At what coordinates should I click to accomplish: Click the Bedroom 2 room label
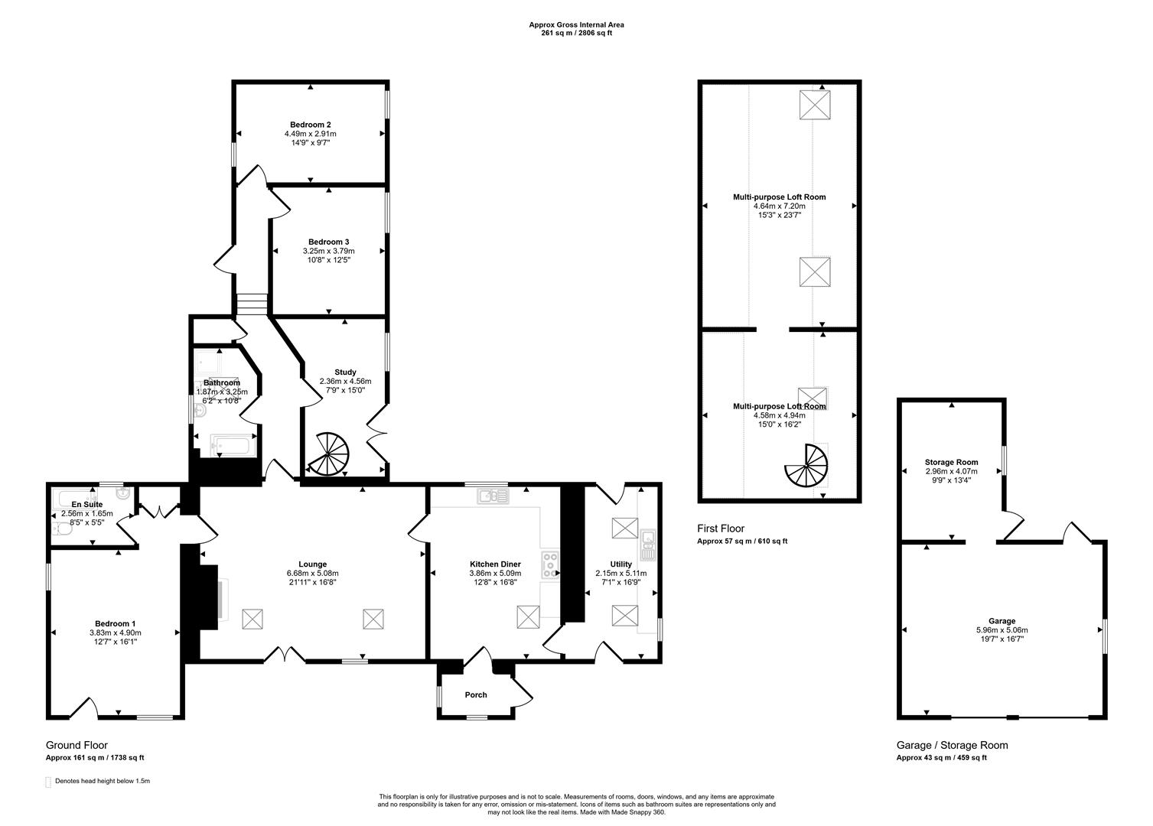pos(310,124)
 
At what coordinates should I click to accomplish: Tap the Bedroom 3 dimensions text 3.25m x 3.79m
pos(328,251)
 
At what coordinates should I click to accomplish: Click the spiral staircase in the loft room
pos(806,466)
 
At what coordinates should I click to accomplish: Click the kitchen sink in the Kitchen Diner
pos(493,497)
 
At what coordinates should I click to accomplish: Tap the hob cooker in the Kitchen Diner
pos(550,564)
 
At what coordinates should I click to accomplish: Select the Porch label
pos(476,695)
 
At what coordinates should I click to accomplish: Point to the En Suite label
pos(86,505)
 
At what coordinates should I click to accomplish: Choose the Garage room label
pos(1002,621)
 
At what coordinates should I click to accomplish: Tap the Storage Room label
pos(951,463)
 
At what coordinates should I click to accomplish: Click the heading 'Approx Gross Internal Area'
pos(576,24)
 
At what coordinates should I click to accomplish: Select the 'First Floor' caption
pos(720,528)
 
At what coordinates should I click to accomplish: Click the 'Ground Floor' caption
pos(77,745)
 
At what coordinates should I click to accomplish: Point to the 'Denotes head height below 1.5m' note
pos(103,782)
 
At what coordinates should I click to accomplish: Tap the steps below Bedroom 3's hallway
pos(252,304)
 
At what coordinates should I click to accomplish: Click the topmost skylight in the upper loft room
pos(816,105)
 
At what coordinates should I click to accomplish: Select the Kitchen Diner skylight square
pos(529,616)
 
